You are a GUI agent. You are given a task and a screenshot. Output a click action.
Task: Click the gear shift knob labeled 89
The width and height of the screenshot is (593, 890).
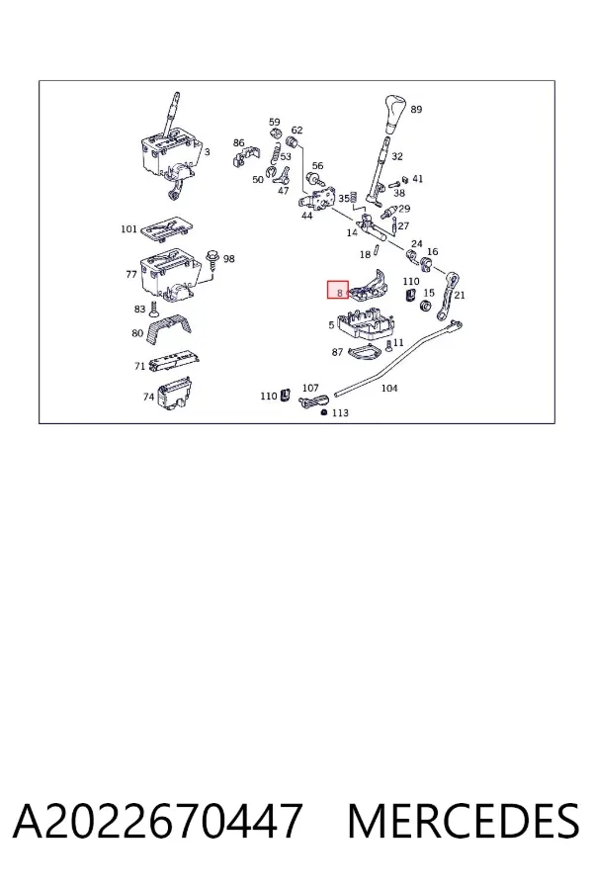(395, 113)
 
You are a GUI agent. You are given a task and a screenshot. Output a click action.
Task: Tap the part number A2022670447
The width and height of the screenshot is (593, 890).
(157, 820)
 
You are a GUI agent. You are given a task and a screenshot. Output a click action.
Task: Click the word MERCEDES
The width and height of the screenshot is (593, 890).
(464, 820)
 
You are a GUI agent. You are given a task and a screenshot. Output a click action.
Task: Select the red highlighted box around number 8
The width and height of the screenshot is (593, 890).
(338, 290)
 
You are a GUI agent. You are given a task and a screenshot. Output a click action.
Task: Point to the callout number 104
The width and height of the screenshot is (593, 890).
(388, 389)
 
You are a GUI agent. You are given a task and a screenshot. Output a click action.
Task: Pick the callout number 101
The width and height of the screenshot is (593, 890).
(128, 228)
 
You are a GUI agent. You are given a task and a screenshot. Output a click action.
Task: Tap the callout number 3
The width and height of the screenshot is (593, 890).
(208, 152)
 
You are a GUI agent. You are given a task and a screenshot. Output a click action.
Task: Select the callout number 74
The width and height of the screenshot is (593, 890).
(148, 397)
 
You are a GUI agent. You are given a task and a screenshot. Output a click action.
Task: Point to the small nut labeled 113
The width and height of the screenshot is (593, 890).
(323, 412)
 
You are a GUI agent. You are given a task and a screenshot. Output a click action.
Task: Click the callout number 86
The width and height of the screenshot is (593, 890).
(238, 143)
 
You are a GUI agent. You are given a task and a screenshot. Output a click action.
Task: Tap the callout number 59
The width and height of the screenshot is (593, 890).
(274, 122)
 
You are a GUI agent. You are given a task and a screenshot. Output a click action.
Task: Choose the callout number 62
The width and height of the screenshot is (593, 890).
(296, 130)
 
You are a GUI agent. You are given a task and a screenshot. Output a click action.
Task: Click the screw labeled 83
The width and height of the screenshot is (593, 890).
(153, 310)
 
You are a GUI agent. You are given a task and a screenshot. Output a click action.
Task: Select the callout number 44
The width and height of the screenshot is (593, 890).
(306, 216)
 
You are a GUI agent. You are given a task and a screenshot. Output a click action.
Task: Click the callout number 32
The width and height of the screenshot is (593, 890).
(396, 156)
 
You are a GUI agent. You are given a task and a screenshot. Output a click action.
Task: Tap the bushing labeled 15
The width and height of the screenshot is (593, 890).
(424, 307)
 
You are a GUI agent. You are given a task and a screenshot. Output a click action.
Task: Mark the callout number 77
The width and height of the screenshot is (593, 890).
(131, 274)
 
